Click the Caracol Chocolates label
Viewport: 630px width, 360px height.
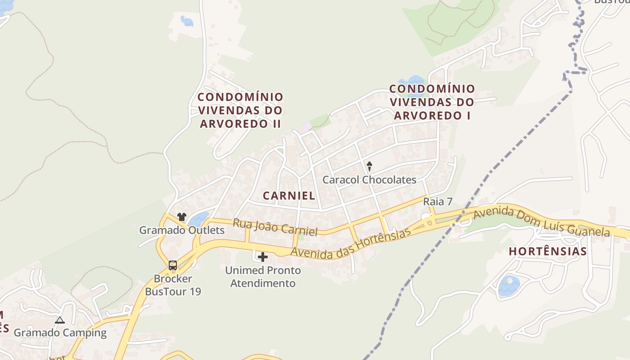tap(369, 180)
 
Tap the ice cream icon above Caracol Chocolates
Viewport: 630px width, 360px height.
tap(369, 167)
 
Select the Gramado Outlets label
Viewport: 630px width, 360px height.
tap(181, 230)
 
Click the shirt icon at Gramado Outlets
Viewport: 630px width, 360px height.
tap(182, 217)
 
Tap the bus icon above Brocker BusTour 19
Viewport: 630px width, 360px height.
tap(173, 265)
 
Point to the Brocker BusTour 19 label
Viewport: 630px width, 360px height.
tap(173, 285)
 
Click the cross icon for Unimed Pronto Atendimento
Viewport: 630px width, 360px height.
tap(263, 257)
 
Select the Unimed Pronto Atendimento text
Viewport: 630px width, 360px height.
tap(263, 277)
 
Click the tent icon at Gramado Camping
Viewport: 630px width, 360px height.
tap(59, 320)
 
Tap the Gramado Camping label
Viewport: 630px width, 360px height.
tap(60, 333)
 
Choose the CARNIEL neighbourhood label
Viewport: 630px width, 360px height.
tap(289, 196)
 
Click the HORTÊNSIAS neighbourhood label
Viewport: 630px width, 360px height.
tap(548, 252)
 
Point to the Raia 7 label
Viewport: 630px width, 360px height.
tap(437, 202)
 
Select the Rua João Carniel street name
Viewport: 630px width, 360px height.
tap(275, 227)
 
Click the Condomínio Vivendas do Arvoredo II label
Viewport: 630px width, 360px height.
tap(241, 110)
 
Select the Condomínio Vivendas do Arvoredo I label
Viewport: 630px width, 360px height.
tap(432, 102)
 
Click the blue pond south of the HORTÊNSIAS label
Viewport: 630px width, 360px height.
tap(509, 286)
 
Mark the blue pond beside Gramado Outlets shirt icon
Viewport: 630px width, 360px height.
tap(198, 219)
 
